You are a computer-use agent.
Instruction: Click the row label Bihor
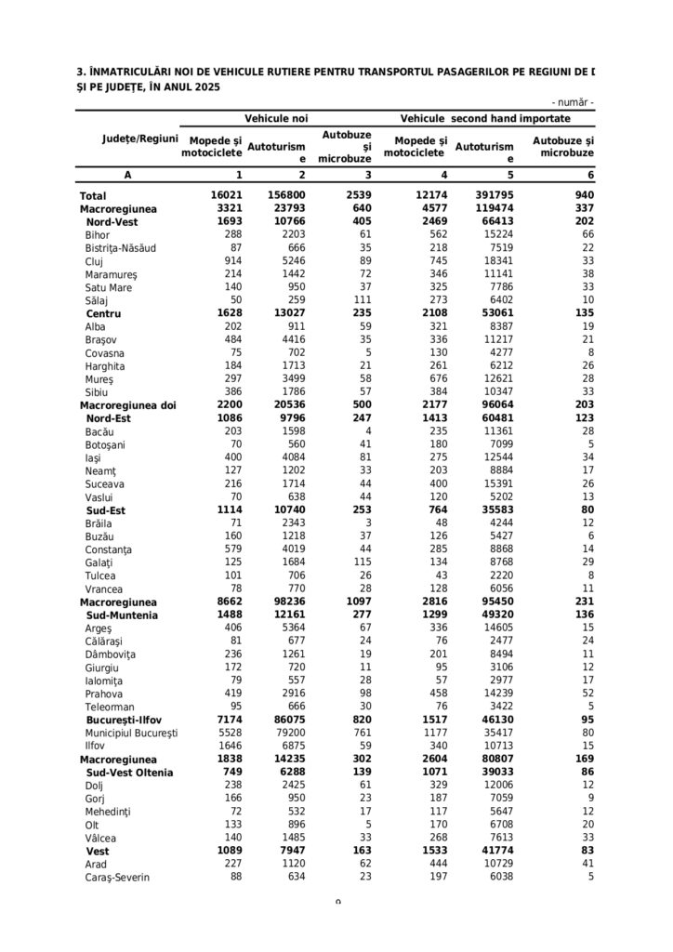tap(98, 235)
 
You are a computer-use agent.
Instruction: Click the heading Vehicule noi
tap(276, 119)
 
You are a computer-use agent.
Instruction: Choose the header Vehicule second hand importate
tap(485, 119)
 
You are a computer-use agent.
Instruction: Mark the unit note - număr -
tap(573, 101)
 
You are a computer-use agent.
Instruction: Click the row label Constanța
tap(108, 550)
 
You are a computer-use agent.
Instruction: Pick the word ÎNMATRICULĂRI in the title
tap(140, 71)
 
